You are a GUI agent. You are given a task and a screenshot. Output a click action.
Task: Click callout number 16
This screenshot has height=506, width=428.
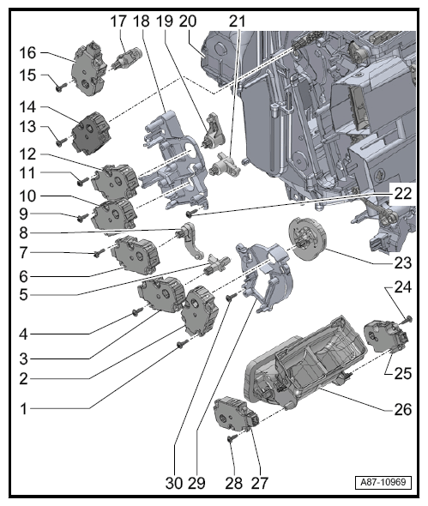(x=27, y=53)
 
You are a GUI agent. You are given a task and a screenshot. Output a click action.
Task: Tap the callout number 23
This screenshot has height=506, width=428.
(x=403, y=263)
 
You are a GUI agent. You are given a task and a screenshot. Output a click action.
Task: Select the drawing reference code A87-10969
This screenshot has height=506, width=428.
(x=383, y=483)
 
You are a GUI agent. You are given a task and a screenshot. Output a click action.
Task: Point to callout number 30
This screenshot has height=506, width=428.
(x=174, y=483)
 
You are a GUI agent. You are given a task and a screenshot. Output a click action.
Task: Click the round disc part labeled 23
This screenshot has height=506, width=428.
(x=307, y=238)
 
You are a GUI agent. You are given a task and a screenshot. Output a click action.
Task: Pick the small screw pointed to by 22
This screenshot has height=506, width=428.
(x=190, y=214)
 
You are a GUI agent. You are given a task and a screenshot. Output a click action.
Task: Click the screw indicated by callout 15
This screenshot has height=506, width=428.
(x=60, y=87)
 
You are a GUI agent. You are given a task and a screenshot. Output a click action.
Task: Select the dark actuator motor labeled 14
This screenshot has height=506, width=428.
(x=92, y=132)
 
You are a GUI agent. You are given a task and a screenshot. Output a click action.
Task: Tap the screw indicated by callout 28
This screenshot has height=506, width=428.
(x=232, y=437)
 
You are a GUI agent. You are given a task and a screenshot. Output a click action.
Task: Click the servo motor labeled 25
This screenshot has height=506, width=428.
(x=386, y=336)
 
